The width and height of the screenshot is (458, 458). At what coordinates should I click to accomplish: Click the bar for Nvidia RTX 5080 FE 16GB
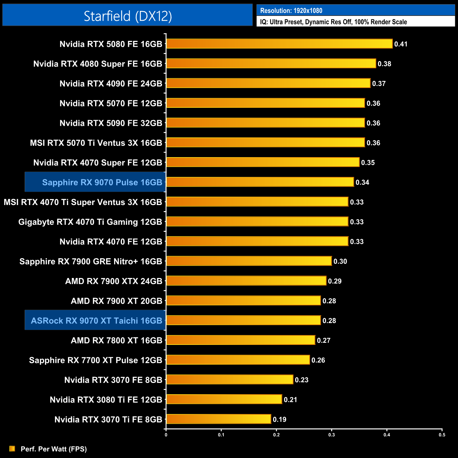pos(279,44)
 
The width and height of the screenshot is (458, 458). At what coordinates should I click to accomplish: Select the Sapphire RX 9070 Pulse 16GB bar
pos(260,182)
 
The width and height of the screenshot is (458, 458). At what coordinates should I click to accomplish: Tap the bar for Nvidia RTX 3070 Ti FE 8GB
pos(218,419)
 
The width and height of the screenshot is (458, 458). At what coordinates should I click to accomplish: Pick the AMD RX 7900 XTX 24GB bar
pos(246,281)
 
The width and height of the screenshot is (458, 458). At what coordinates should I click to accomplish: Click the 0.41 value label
pos(401,44)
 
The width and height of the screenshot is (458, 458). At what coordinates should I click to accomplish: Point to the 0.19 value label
pos(279,419)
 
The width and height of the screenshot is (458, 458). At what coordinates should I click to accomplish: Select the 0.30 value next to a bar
pos(340,261)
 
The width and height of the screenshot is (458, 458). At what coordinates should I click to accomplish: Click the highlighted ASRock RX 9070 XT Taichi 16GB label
pos(96,321)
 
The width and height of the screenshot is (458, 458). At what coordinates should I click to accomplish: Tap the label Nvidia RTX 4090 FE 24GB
pos(111,83)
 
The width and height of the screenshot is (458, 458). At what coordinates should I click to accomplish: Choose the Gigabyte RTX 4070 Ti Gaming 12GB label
pos(90,222)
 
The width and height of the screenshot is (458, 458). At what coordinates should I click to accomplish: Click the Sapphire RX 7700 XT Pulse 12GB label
pos(95,360)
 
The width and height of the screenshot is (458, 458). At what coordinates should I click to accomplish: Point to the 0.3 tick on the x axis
pos(332,435)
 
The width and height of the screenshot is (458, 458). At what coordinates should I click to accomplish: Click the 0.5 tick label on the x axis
pos(442,435)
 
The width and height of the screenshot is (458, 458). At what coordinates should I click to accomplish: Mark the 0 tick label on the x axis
pos(166,435)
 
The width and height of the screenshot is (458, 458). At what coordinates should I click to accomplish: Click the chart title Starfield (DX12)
pos(128,16)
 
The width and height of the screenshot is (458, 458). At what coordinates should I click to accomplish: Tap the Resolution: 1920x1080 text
pos(291,11)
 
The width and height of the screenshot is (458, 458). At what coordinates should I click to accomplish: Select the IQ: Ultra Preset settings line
pos(333,22)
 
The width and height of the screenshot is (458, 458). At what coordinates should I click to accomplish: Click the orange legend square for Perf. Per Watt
pos(12,448)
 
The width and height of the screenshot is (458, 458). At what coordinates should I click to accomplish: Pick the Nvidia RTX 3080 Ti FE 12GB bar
pos(224,400)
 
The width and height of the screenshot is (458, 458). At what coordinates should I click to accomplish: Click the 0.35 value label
pos(368,162)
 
